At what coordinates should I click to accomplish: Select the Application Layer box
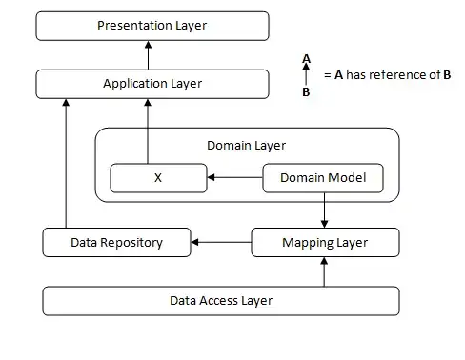click(x=152, y=84)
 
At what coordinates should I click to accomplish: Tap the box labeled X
click(x=158, y=177)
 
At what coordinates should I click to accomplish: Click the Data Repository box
click(x=117, y=243)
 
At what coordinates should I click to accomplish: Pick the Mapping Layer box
click(x=325, y=243)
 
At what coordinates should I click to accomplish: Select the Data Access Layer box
click(x=220, y=300)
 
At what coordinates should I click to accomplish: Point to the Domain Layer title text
click(x=246, y=145)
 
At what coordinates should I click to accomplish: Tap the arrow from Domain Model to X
click(x=234, y=177)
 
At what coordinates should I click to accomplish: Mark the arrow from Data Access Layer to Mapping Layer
click(x=325, y=271)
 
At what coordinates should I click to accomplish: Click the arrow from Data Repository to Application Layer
click(x=66, y=162)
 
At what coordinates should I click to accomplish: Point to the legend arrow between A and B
click(x=306, y=75)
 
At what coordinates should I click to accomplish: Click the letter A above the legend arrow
click(x=306, y=59)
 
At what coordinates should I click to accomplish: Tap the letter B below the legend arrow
click(x=306, y=92)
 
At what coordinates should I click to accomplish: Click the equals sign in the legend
click(x=327, y=74)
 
